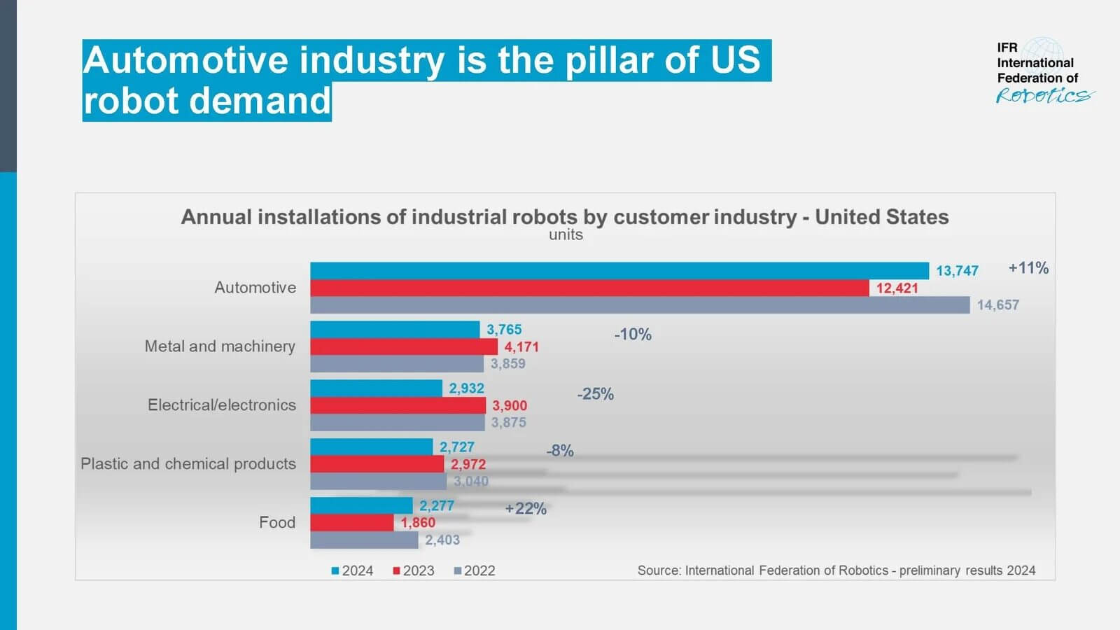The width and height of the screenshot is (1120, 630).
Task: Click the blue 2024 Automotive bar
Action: (x=619, y=271)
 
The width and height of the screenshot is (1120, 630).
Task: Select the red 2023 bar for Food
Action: (x=351, y=523)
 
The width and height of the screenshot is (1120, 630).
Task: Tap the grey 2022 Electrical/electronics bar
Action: (x=397, y=423)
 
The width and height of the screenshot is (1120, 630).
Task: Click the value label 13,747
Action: (x=957, y=271)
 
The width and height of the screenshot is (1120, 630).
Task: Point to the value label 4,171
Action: (x=521, y=347)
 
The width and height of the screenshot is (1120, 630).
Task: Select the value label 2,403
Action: (x=442, y=540)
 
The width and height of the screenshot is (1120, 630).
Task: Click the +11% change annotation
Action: (x=1028, y=268)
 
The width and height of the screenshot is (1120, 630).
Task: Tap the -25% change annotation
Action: (x=595, y=394)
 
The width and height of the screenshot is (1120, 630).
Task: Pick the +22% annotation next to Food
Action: (x=525, y=509)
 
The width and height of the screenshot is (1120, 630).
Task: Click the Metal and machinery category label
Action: (x=220, y=346)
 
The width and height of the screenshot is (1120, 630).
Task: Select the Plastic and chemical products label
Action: (x=188, y=464)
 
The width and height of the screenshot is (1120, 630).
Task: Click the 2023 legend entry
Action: (x=414, y=571)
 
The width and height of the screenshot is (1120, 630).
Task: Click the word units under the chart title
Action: (x=566, y=235)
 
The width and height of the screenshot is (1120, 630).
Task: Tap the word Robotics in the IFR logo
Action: (x=1043, y=96)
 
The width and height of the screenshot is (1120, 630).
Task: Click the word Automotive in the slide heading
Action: (x=185, y=60)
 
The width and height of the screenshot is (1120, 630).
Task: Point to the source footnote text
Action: (x=836, y=570)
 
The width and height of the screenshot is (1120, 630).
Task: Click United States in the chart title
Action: (x=881, y=217)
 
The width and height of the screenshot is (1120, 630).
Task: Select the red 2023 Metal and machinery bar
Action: (x=404, y=347)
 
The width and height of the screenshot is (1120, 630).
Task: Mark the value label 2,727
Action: (x=456, y=447)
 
